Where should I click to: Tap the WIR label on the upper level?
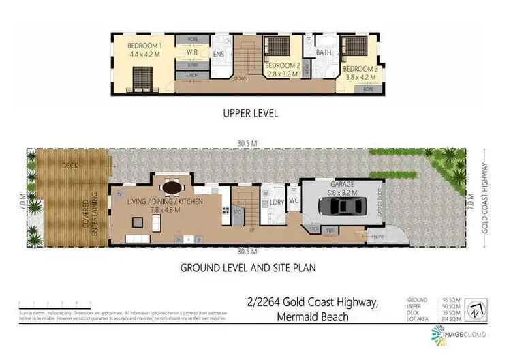point(193,51)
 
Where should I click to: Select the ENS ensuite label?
point(219,54)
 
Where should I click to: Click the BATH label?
point(324,52)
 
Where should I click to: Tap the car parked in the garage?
point(342,207)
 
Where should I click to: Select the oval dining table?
point(172,186)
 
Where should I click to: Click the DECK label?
point(69,165)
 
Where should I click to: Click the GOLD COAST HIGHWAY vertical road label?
point(486,198)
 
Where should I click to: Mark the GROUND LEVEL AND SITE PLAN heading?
point(247,268)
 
